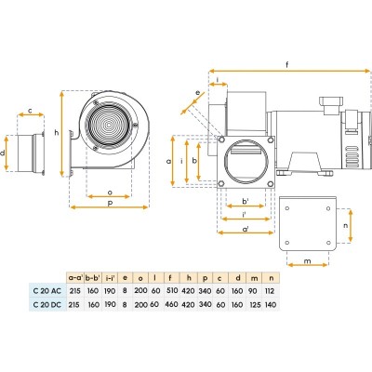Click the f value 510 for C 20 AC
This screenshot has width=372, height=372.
[172, 291]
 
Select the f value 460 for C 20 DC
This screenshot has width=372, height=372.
[172, 304]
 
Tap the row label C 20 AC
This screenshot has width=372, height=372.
[47, 291]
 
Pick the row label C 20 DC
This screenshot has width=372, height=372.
[47, 304]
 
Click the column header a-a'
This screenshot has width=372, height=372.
[75, 278]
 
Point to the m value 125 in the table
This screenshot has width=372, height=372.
[255, 305]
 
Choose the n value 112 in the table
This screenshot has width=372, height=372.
[270, 291]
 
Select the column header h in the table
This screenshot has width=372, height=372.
[189, 277]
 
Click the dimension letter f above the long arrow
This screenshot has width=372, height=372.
[287, 65]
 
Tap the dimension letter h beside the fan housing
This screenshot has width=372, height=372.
[57, 133]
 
